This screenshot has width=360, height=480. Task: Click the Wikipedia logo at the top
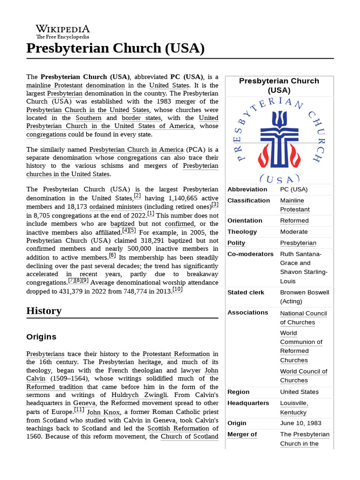62,31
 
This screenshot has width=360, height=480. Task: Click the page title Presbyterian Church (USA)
115,48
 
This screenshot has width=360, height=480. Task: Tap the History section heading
44,311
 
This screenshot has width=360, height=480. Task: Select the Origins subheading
41,337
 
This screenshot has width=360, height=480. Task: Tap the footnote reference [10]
177,290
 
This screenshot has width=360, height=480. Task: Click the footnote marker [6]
112,255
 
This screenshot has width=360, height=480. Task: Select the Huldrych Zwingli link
138,395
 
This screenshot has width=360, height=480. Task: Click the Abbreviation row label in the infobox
247,189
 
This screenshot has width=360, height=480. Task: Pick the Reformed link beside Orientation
294,221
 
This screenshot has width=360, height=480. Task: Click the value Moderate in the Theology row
294,232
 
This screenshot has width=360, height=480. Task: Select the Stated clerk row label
246,292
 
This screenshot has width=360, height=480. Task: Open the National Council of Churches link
303,318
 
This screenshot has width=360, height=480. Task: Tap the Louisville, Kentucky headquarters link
294,408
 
